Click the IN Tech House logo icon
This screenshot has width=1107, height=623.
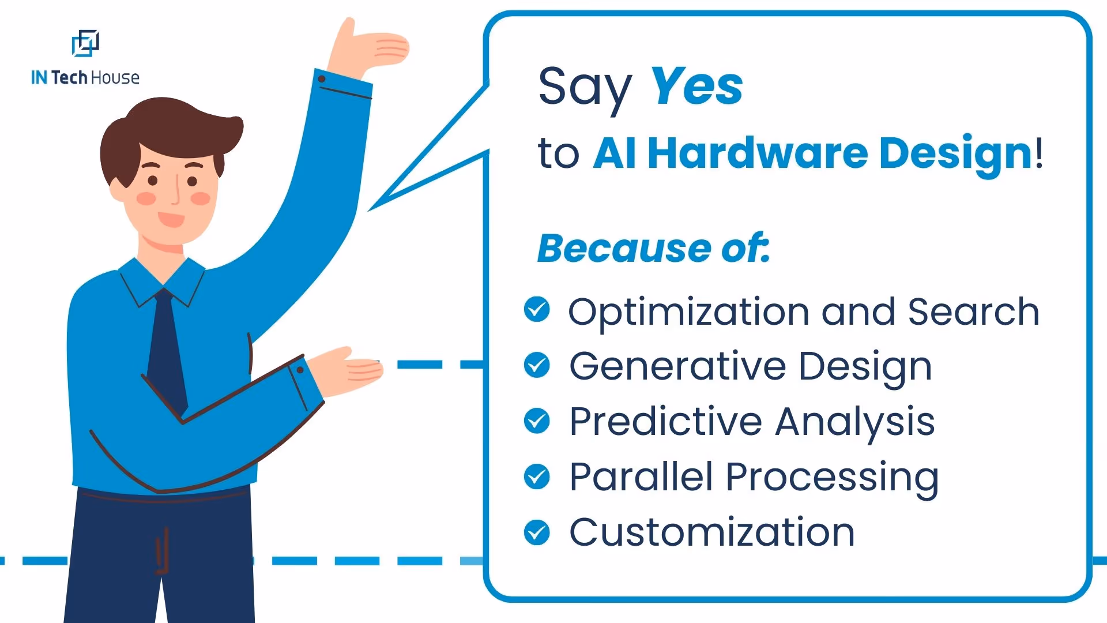(85, 43)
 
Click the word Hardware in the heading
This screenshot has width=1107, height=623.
(757, 153)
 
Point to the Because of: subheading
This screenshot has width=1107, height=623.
(653, 249)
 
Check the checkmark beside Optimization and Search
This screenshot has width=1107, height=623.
(537, 310)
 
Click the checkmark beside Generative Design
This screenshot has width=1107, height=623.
(537, 365)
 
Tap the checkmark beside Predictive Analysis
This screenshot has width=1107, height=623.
(537, 421)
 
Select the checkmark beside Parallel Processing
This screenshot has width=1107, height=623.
(537, 476)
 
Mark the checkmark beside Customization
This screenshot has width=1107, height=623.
(537, 532)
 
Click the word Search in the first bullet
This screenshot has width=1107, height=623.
(973, 311)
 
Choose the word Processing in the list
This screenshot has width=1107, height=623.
(831, 478)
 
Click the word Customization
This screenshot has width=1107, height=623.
(711, 532)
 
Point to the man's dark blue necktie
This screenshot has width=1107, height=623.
(166, 352)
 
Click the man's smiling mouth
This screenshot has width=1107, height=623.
(171, 219)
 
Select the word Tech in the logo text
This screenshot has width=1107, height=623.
(69, 77)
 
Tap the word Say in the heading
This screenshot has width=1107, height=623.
(585, 88)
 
